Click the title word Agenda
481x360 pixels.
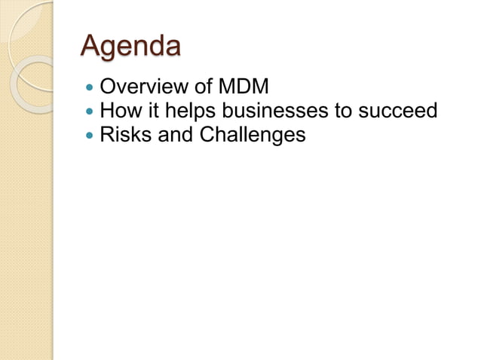(x=130, y=46)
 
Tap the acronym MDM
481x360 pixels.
(x=244, y=88)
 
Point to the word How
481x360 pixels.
(x=118, y=111)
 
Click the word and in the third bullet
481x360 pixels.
(x=173, y=135)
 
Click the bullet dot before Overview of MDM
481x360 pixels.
(x=90, y=89)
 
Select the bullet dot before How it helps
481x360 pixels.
(x=90, y=112)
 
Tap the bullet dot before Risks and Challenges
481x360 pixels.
(x=90, y=136)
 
